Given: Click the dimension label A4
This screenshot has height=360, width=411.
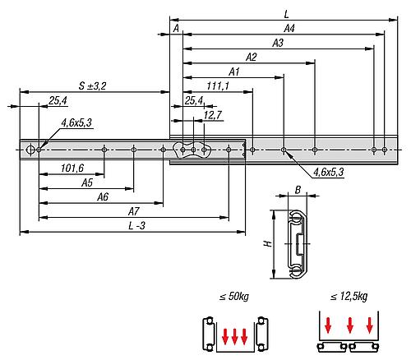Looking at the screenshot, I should (289, 28).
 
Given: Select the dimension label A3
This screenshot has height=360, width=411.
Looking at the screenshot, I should (277, 42).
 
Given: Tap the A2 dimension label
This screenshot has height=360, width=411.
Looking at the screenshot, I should (251, 57).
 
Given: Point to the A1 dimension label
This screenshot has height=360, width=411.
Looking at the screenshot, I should (233, 72).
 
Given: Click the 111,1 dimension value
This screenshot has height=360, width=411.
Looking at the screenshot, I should (218, 86).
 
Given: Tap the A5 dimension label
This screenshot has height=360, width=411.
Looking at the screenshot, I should (86, 184).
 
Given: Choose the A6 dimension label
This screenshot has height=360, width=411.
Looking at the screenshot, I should (103, 198).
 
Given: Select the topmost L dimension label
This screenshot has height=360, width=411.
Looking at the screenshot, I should (284, 13).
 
